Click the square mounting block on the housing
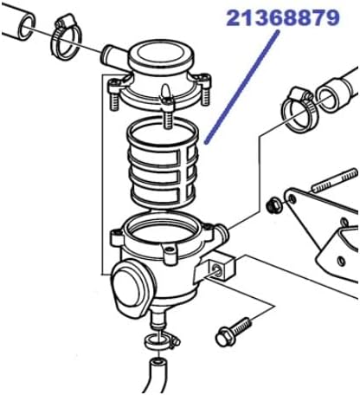tap(222, 269)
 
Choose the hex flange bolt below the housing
tap(234, 328)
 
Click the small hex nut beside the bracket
tap(275, 205)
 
